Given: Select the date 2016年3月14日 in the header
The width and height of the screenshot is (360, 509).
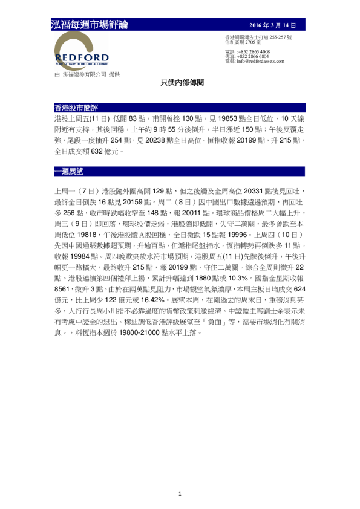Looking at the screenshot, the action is click(x=273, y=25).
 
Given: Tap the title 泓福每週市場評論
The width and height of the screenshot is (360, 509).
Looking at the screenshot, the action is click(x=90, y=25).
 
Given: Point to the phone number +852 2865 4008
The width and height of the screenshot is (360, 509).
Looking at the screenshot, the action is click(x=254, y=52).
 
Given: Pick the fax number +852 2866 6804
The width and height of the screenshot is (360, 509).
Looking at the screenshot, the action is click(x=254, y=57).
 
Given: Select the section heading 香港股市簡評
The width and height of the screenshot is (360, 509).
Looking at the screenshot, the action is click(x=71, y=108).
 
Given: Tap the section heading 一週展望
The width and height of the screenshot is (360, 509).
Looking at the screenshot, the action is click(x=68, y=171).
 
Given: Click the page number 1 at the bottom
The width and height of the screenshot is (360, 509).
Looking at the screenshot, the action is click(x=180, y=494).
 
